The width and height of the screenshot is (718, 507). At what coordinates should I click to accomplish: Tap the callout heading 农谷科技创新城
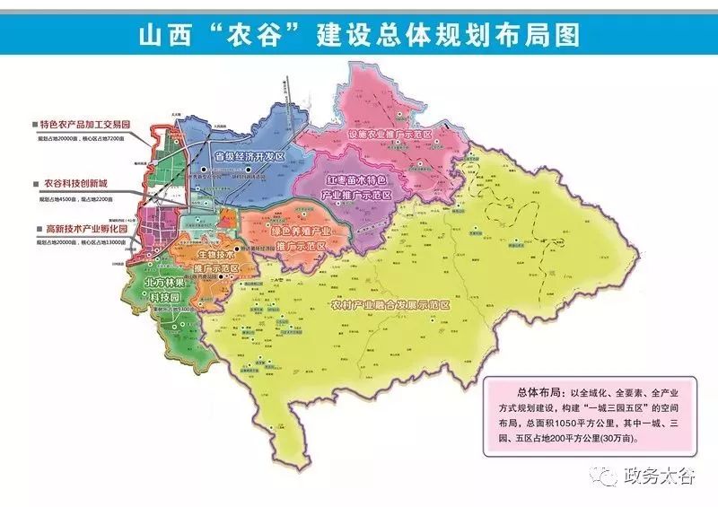(x=76, y=182)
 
